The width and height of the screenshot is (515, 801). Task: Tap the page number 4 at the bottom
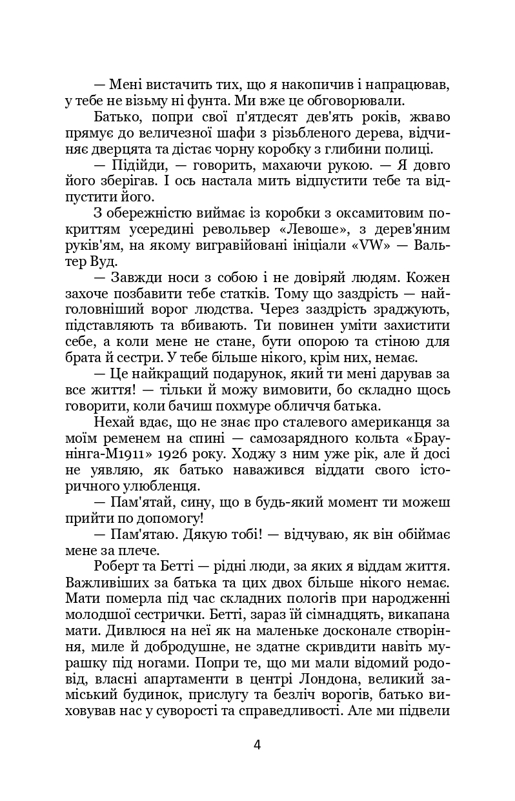click(257, 745)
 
